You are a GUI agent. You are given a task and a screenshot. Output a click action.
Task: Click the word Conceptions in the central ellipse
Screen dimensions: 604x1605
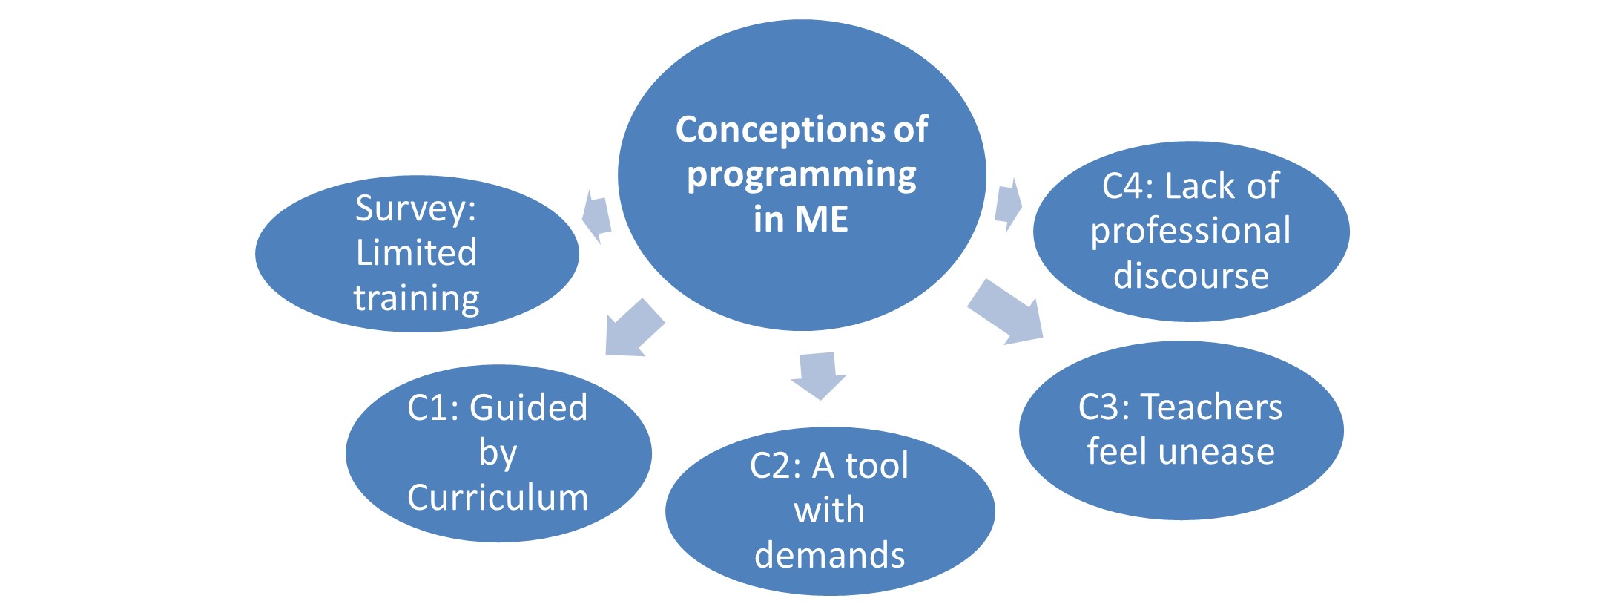pos(781,130)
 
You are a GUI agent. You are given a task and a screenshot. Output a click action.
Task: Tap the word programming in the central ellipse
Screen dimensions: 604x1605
pos(801,176)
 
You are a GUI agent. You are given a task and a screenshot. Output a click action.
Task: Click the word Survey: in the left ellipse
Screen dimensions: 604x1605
pos(415,209)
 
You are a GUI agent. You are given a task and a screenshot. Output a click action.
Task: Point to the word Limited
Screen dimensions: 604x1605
pos(415,253)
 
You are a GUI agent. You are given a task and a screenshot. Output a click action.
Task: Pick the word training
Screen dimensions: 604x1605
pos(416,298)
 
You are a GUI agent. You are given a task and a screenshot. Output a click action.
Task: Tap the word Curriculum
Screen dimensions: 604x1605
pos(498,497)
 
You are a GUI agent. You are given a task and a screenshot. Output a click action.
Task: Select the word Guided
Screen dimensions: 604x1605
pos(528,408)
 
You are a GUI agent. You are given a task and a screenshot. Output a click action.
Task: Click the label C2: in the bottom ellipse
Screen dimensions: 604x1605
pos(775,467)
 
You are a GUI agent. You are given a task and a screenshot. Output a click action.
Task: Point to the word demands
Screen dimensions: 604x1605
pos(829,555)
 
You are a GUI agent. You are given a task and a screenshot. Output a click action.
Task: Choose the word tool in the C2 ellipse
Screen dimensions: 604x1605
pos(877,467)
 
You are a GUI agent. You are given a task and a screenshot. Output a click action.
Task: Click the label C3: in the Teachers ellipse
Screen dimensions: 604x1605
pos(1104,407)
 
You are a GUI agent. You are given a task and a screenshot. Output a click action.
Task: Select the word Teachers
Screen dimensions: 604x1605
pos(1211,407)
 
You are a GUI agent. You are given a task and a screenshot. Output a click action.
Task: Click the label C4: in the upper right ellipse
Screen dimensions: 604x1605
pos(1127,186)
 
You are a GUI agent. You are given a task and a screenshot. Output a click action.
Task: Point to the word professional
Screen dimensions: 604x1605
pos(1190,231)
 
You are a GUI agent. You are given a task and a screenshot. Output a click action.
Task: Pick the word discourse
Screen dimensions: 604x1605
pos(1191,276)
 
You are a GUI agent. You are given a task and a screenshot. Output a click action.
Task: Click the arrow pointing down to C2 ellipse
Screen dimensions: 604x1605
pos(818,375)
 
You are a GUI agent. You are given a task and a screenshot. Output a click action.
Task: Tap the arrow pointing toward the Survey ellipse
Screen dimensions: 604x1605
pos(596,217)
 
